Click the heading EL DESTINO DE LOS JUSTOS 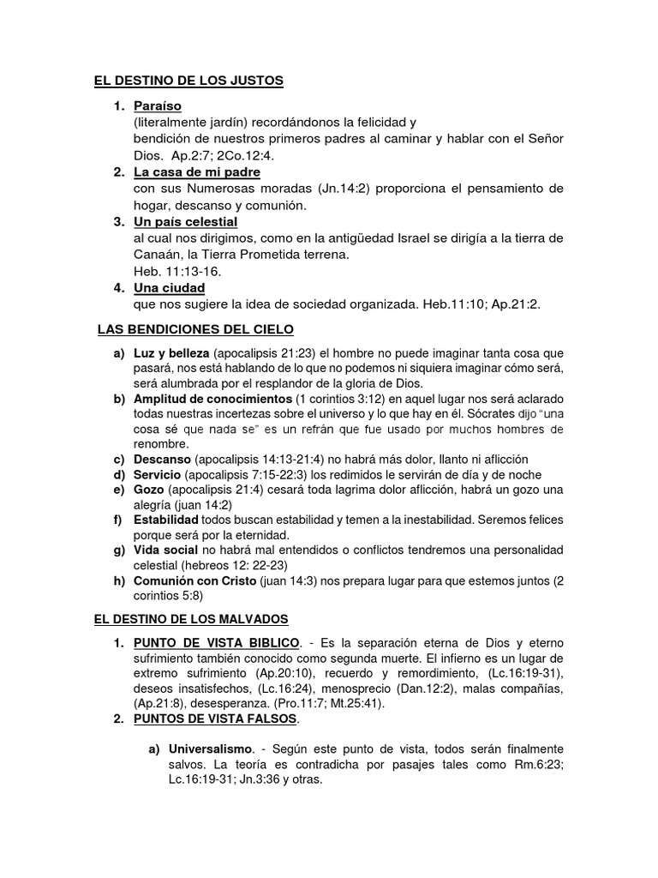(188, 81)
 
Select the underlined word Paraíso (156, 106)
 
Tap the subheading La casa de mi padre (187, 172)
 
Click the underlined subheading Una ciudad (169, 287)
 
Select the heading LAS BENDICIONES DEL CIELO (196, 328)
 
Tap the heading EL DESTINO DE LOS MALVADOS (191, 618)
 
